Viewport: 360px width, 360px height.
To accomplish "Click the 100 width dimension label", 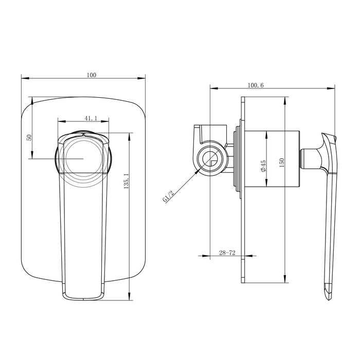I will (x=92, y=75).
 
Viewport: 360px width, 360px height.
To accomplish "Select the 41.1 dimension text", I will (x=91, y=118).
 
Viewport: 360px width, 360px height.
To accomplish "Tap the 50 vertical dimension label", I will (x=29, y=137).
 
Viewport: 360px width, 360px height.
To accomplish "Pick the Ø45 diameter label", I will (x=263, y=166).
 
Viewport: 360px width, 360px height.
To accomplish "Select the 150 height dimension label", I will (x=281, y=161).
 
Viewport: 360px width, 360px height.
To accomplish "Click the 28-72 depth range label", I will (x=227, y=253).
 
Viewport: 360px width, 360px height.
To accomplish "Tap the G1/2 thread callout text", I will (x=168, y=197).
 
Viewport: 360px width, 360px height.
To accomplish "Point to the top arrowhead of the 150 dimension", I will (x=286, y=99).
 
